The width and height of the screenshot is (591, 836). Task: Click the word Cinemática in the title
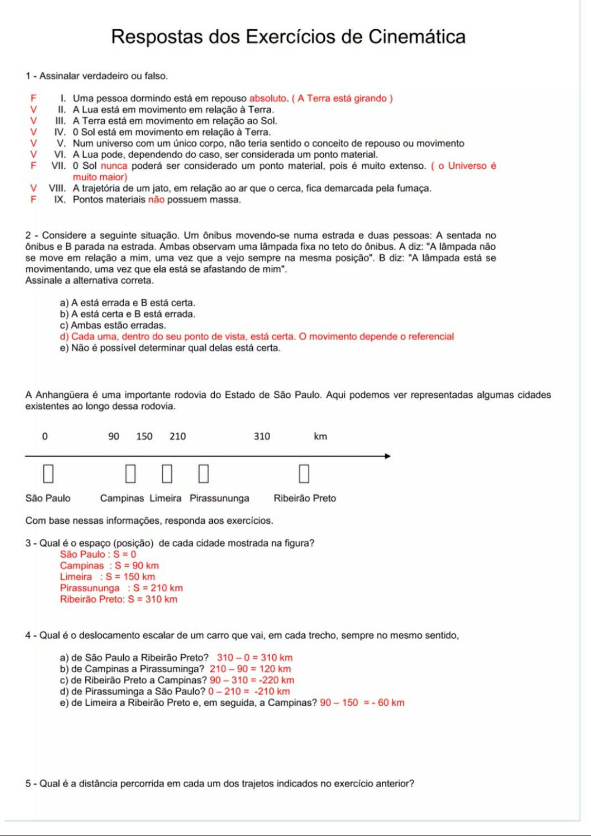(416, 37)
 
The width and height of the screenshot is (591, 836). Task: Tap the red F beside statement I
(33, 98)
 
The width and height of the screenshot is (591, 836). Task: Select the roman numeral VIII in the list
(57, 188)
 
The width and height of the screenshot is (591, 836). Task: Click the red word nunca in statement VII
(114, 166)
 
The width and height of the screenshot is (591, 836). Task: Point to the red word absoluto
(268, 98)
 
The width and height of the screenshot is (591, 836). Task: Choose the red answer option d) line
(256, 336)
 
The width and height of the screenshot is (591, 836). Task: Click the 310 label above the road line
(262, 436)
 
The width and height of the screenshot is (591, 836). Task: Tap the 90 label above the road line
(114, 436)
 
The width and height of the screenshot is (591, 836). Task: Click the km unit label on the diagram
(320, 436)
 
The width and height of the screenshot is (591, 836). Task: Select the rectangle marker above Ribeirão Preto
(304, 473)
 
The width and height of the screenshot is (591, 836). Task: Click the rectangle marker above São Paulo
(48, 473)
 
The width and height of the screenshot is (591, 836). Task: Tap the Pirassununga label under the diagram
(219, 498)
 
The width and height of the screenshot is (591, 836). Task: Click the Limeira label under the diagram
(165, 498)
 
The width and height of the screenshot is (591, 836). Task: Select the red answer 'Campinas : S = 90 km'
(109, 566)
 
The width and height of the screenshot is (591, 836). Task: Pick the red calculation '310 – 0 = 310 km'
(254, 658)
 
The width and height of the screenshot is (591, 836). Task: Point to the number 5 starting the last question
(28, 783)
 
